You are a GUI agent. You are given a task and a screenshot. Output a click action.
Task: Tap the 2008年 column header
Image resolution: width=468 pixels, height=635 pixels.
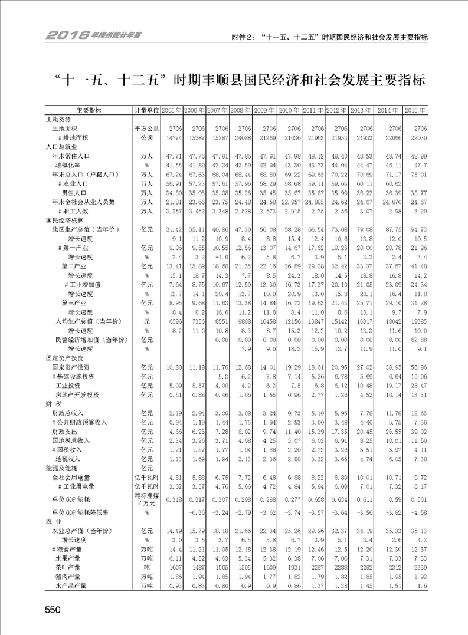pos(240,111)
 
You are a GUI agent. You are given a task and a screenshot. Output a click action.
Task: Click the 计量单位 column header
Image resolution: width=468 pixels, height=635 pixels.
pos(146,111)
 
